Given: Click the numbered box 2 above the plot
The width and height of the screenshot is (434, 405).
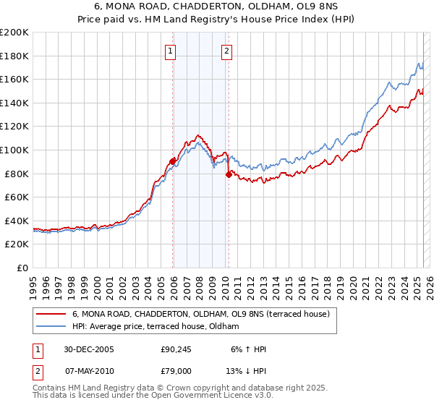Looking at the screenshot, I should [226, 51].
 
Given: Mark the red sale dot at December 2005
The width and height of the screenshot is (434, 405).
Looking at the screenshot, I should [173, 161].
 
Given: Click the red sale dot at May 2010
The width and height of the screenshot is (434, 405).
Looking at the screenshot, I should [229, 174].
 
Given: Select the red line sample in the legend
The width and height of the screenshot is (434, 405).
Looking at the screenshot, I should [51, 314].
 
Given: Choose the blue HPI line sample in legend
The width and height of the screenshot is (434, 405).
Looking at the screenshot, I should [51, 326].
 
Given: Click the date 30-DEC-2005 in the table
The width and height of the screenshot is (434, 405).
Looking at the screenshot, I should [89, 349].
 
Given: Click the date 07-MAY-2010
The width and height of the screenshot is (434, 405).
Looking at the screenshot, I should [89, 372].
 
